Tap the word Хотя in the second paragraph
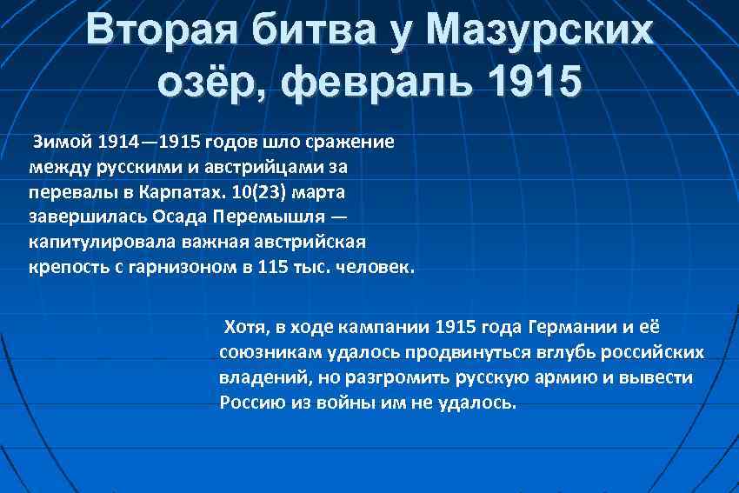(244, 328)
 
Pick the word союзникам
(270, 353)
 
